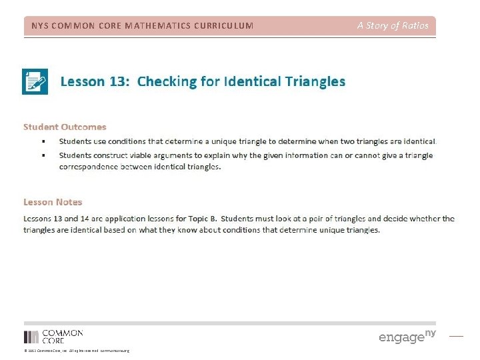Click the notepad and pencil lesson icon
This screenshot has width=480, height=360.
(x=35, y=81)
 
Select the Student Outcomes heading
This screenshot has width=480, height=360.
(x=65, y=127)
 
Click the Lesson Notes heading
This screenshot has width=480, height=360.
(x=53, y=202)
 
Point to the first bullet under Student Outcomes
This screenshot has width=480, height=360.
(x=43, y=141)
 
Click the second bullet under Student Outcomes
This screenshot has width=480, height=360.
(x=43, y=155)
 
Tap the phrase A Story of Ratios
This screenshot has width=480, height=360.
(x=393, y=26)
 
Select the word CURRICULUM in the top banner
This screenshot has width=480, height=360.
(x=222, y=26)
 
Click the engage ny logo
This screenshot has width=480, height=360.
(x=407, y=336)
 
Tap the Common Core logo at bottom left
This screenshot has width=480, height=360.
(x=53, y=336)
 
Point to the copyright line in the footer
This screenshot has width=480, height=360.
(x=76, y=351)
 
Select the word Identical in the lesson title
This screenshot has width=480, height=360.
(x=253, y=81)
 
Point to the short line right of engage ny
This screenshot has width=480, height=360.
(x=456, y=336)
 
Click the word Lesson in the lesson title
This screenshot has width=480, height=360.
(x=82, y=81)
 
